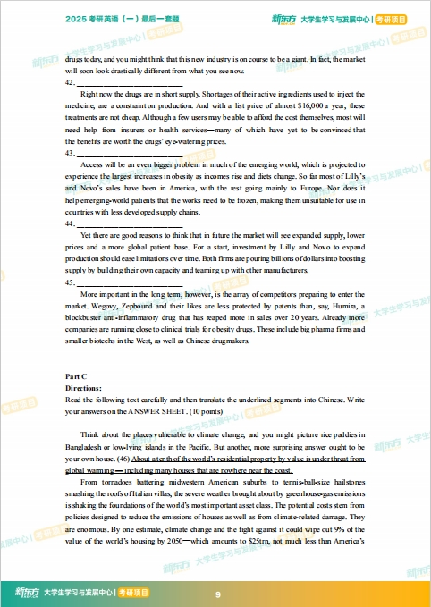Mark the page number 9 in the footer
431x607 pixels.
click(218, 594)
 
